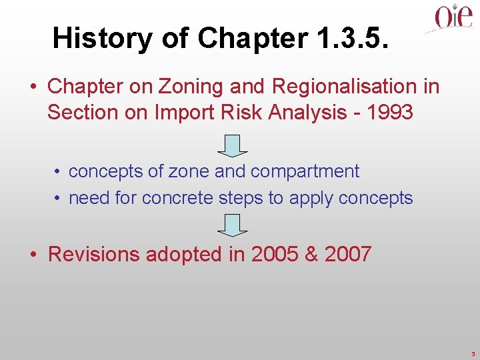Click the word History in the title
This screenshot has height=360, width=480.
(102, 39)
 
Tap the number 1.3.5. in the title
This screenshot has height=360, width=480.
(351, 38)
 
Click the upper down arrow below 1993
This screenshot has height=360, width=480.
(231, 145)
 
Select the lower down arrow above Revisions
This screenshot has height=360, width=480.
(231, 225)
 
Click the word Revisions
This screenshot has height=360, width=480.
(94, 254)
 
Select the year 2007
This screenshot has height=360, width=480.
(348, 254)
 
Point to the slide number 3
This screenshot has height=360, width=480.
(472, 353)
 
